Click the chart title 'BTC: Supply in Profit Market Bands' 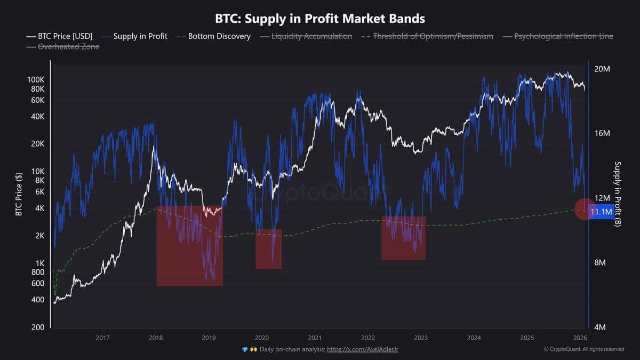[x=320, y=18]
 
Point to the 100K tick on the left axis [x=35, y=79]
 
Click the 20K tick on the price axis [x=37, y=144]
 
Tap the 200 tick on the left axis [x=37, y=327]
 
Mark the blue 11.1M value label [x=601, y=212]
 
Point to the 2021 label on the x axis [x=315, y=338]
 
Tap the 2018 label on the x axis [x=155, y=338]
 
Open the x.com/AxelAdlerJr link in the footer [x=362, y=349]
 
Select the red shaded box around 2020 [x=268, y=249]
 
